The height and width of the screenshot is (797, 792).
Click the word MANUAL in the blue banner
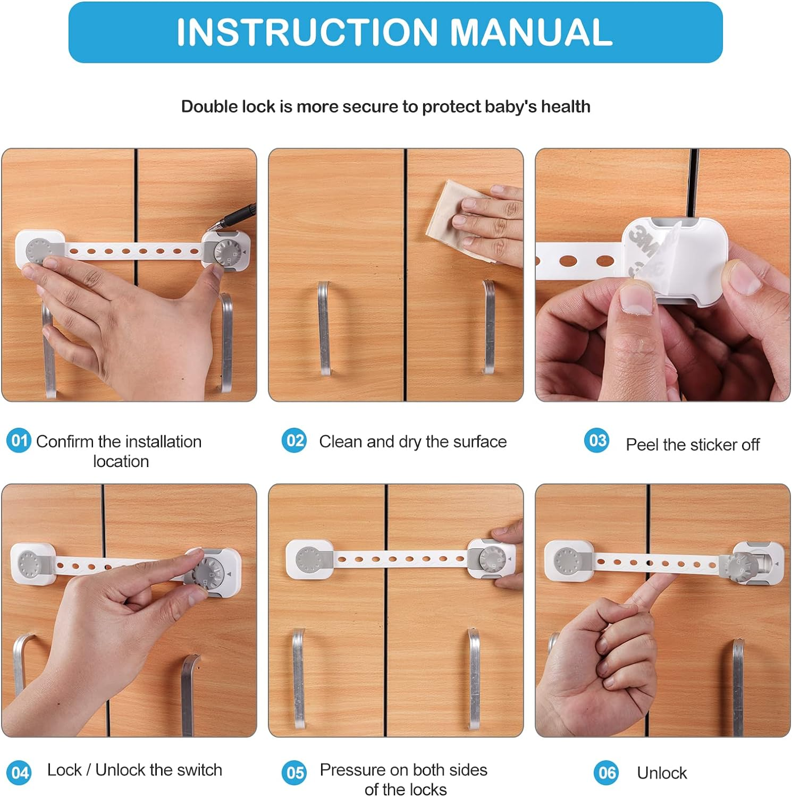[x=532, y=32]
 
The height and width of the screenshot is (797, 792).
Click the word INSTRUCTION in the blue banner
[x=307, y=32]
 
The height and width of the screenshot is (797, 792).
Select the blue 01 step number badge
[x=19, y=441]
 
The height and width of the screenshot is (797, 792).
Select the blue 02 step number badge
[x=294, y=441]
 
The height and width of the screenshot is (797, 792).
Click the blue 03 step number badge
[x=596, y=440]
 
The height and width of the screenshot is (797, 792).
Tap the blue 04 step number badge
[x=19, y=772]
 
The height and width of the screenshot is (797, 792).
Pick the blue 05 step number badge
[x=294, y=772]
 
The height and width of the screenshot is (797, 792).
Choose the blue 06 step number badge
[x=606, y=772]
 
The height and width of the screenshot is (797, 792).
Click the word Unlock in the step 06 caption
[x=662, y=773]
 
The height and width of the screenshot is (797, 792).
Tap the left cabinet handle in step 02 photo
[x=324, y=327]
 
